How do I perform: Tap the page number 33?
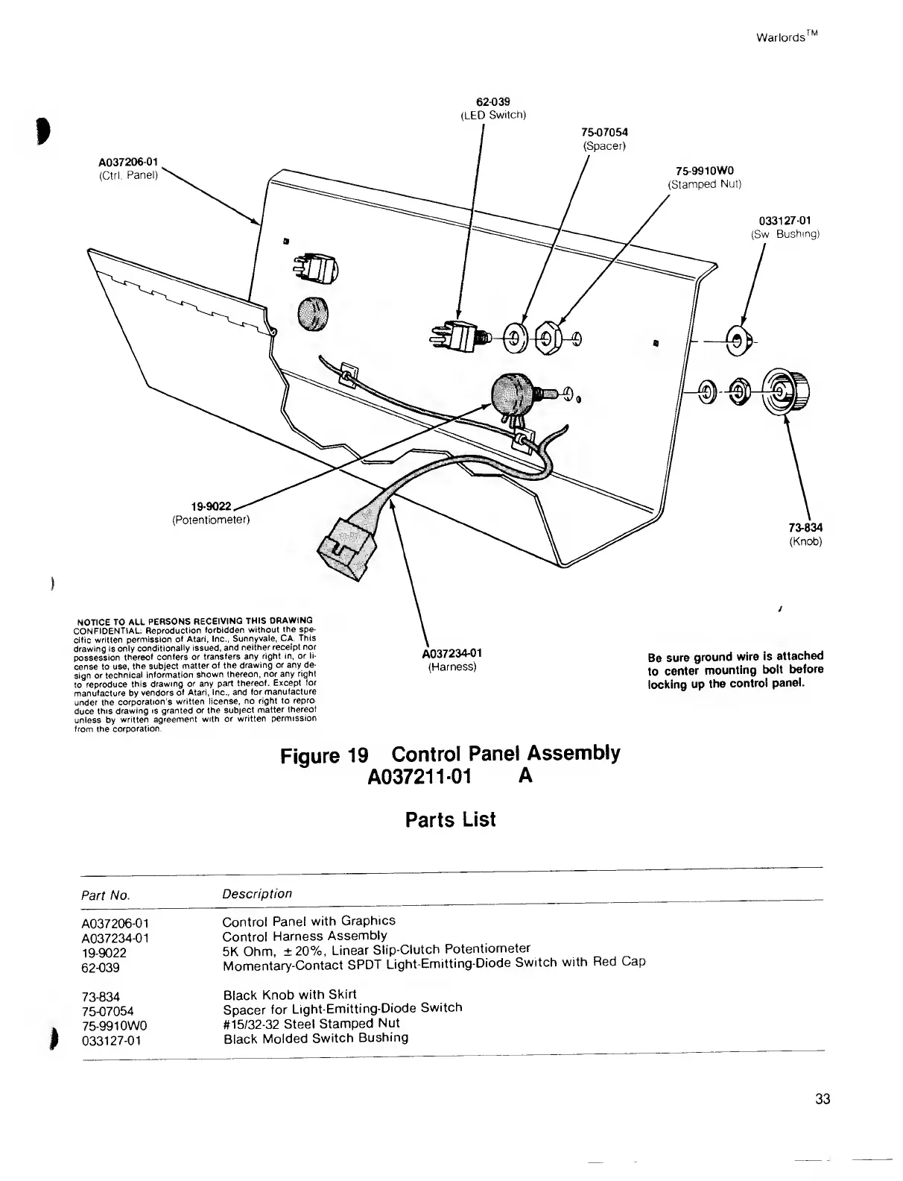(x=823, y=1099)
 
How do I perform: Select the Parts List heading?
(x=450, y=820)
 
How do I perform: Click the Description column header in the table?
(x=257, y=893)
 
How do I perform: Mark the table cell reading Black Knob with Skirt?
(x=290, y=994)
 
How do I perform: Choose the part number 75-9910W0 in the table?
(x=115, y=1025)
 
